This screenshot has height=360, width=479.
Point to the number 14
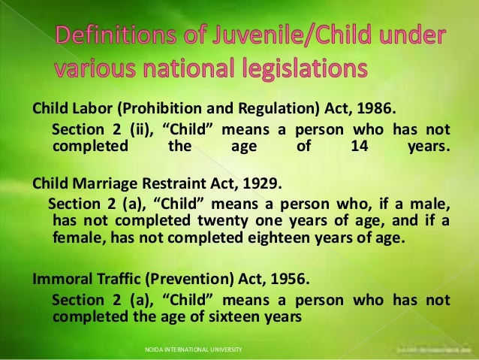click(359, 144)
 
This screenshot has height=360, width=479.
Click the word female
click(78, 240)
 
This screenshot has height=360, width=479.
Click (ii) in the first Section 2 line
click(140, 126)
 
